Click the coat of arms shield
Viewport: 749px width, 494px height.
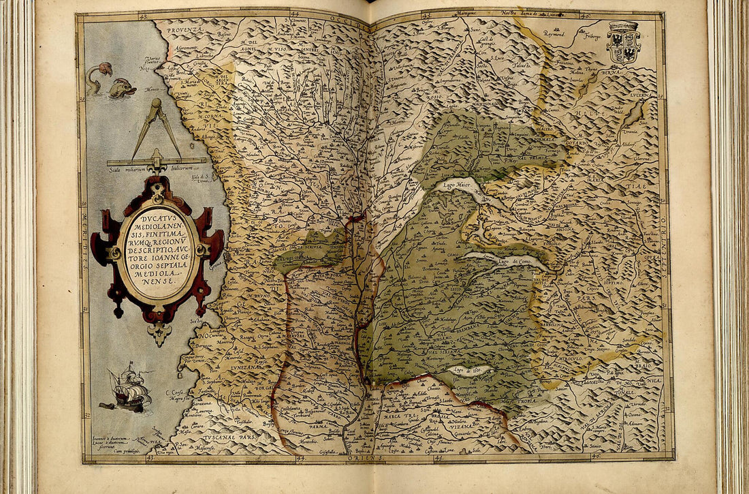click(624, 42)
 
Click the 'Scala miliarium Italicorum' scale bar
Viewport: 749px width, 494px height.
click(157, 162)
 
